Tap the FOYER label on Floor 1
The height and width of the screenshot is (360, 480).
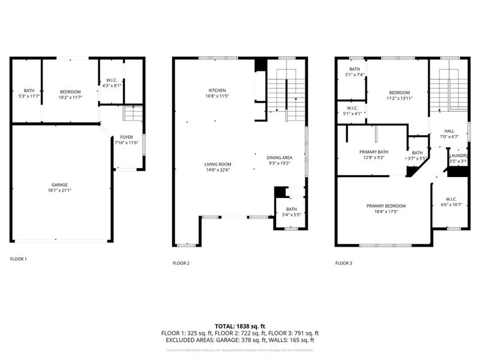tap(127, 137)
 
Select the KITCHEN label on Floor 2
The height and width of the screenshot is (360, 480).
tap(217, 90)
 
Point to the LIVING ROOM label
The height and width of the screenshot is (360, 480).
tap(218, 164)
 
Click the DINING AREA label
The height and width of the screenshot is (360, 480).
tap(279, 157)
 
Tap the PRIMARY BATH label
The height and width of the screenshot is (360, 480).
tap(373, 152)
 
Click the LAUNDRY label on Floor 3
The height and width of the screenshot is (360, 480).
tap(459, 155)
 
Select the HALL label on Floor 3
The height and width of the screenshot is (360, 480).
tap(449, 130)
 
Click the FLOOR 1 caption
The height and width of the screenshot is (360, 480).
tap(19, 259)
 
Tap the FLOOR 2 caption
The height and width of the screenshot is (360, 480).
tap(181, 263)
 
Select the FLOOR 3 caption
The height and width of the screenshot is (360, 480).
tap(343, 263)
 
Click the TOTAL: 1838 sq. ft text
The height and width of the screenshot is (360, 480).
tap(240, 326)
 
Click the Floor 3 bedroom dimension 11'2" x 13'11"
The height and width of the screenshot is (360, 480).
tap(397, 97)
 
